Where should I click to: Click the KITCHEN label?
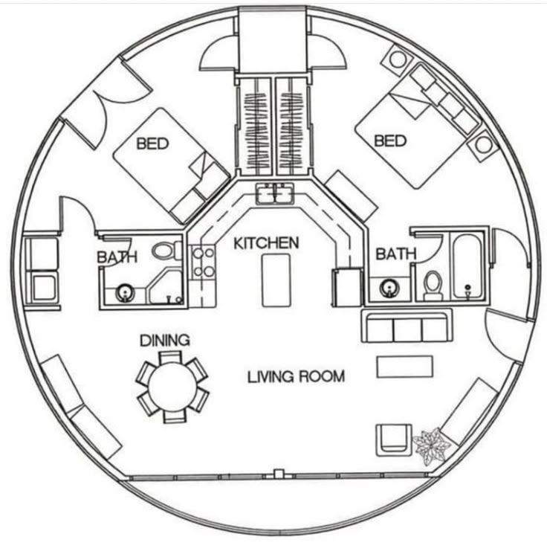point(266,243)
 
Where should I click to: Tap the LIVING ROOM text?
point(296,376)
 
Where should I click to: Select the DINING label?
point(165,341)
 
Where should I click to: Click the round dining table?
point(172,387)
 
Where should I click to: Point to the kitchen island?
point(276,280)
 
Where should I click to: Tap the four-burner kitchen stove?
point(203,262)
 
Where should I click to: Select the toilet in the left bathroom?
point(166,250)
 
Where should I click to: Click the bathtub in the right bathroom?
point(468,265)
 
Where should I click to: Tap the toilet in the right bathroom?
point(433,285)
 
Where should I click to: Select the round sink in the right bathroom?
point(389,289)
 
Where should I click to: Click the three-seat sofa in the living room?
point(407,326)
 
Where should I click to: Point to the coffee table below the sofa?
point(405,367)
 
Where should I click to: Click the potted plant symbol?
point(432,446)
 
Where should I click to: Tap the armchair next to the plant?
point(394,440)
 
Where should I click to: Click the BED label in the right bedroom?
point(390,141)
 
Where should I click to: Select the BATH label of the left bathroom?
point(117,257)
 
